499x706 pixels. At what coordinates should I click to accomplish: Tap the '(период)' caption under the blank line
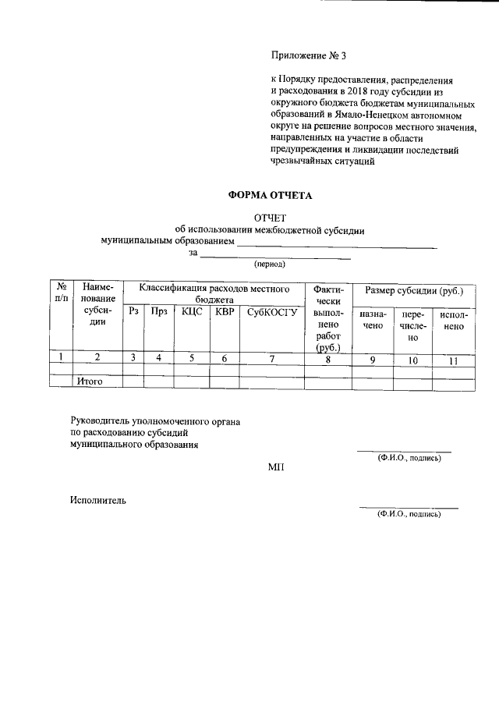pos(270,264)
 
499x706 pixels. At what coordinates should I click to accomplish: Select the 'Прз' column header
pos(159,312)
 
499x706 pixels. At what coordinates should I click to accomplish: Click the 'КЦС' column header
pos(192,312)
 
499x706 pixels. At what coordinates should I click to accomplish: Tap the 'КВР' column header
pos(225,312)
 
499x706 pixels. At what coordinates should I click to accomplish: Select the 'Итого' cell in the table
pos(90,382)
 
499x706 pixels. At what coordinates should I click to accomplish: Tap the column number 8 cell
pos(327,359)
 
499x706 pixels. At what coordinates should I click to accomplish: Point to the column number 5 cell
pos(192,358)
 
